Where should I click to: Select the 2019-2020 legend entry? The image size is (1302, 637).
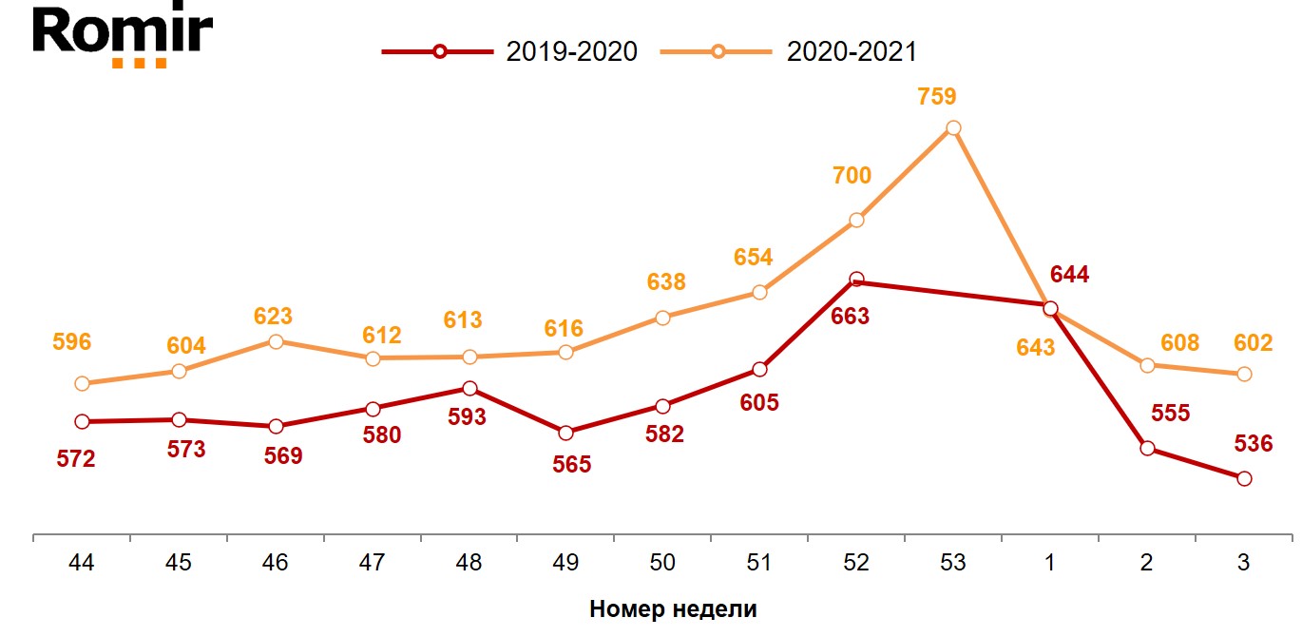click(509, 51)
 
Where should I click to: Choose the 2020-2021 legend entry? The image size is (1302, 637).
click(790, 51)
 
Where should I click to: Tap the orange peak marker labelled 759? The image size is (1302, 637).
click(953, 128)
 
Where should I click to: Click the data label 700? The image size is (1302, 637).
click(852, 176)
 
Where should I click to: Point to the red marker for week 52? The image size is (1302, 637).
click(856, 280)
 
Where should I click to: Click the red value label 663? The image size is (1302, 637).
click(850, 317)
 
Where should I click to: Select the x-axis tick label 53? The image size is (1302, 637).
click(952, 563)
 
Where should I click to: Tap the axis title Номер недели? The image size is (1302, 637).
click(673, 609)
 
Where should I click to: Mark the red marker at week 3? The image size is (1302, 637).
click(1244, 478)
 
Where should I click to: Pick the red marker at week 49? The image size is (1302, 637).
click(566, 433)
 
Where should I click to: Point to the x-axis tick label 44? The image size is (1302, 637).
click(82, 563)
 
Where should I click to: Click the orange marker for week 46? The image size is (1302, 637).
click(276, 341)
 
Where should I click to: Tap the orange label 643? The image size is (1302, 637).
click(1035, 348)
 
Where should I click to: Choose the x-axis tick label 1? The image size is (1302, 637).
click(1049, 563)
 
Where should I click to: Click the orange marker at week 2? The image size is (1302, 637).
click(1147, 365)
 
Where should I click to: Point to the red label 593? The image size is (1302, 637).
click(467, 417)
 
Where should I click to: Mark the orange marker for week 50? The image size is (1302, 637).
click(662, 318)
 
